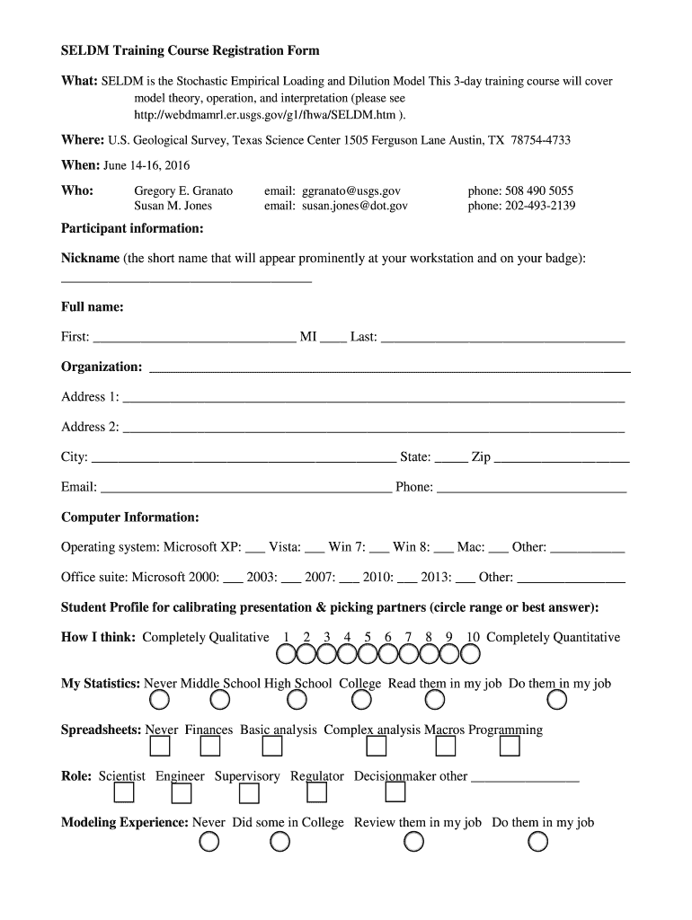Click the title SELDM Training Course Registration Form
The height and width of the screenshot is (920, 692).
coord(190,51)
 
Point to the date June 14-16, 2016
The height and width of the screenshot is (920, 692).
coord(146,165)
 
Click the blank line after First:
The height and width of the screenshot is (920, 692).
coord(194,341)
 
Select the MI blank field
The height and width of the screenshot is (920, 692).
coord(333,341)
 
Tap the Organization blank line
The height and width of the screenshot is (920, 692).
coord(389,370)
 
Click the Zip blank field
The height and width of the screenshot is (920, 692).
coord(562,460)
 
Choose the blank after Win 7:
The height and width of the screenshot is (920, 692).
coord(379,550)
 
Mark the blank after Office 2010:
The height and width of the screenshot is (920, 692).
coord(406,580)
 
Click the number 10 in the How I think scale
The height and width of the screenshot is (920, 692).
coord(473,637)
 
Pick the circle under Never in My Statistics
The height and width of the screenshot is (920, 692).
coord(158,700)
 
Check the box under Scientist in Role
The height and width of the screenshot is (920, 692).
coord(124,792)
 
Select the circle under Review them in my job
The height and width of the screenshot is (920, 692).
coord(414,842)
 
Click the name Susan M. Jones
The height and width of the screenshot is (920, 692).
coord(173,206)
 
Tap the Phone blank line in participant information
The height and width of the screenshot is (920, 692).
coord(531,491)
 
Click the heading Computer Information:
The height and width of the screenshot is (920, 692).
coord(130,517)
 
